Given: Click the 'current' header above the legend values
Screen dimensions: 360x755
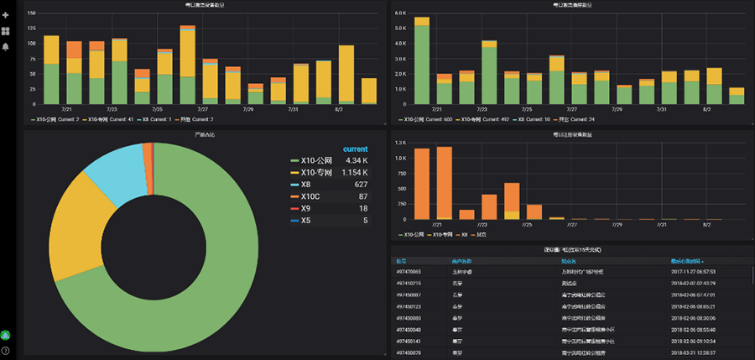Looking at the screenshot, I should pyautogui.click(x=355, y=149).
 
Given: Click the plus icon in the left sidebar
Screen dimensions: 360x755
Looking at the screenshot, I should pyautogui.click(x=6, y=15).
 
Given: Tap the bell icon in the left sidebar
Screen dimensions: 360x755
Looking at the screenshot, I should pyautogui.click(x=6, y=46).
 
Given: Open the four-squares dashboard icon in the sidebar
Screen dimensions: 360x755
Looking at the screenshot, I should pyautogui.click(x=6, y=31).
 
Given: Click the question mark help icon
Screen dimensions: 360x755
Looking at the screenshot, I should pyautogui.click(x=6, y=350).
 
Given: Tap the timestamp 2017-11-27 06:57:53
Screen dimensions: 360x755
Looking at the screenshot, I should pyautogui.click(x=693, y=272).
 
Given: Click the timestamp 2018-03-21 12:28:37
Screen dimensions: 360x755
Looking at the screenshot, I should pyautogui.click(x=693, y=353).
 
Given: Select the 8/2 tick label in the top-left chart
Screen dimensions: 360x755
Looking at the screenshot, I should pyautogui.click(x=338, y=109).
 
